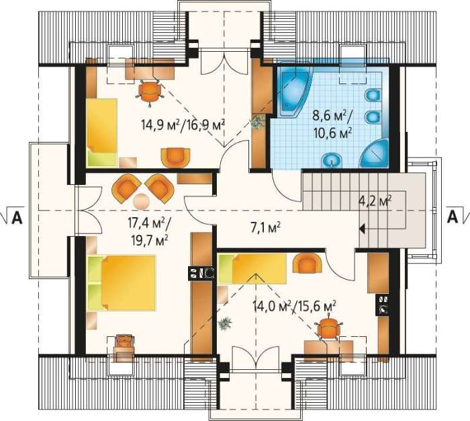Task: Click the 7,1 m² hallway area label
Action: click(265, 227)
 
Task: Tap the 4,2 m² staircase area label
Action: click(375, 201)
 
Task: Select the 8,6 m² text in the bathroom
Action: click(330, 116)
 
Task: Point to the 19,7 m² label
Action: click(149, 240)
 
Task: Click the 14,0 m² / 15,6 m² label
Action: click(294, 307)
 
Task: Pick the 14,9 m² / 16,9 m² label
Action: click(183, 124)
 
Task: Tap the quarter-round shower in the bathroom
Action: click(374, 153)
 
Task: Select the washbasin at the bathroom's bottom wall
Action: click(332, 160)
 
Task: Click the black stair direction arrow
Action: click(362, 229)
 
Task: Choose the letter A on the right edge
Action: click(453, 216)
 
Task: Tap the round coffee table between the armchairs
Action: click(141, 201)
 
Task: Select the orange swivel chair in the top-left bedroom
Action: click(150, 91)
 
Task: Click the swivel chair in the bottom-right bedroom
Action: click(329, 328)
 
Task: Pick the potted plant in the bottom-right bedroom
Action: click(225, 324)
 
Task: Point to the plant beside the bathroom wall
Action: click(257, 122)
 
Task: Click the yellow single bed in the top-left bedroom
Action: click(102, 132)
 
